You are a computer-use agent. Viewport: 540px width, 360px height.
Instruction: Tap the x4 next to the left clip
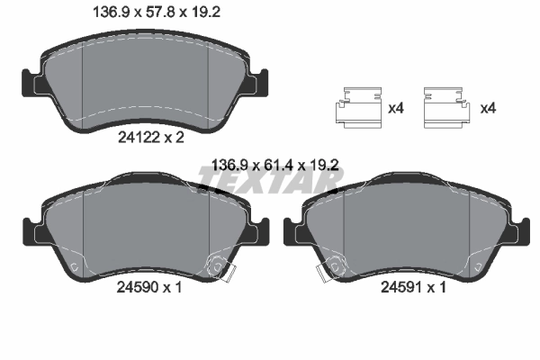pyautogui.click(x=395, y=109)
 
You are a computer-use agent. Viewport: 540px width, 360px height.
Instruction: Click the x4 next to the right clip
pyautogui.click(x=489, y=109)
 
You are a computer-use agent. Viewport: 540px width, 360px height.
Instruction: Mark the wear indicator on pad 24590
pyautogui.click(x=219, y=267)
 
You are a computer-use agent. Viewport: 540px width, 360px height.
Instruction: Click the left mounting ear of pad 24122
pyautogui.click(x=31, y=83)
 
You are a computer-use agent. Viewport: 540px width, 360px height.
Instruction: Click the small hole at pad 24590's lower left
pyautogui.click(x=72, y=267)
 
